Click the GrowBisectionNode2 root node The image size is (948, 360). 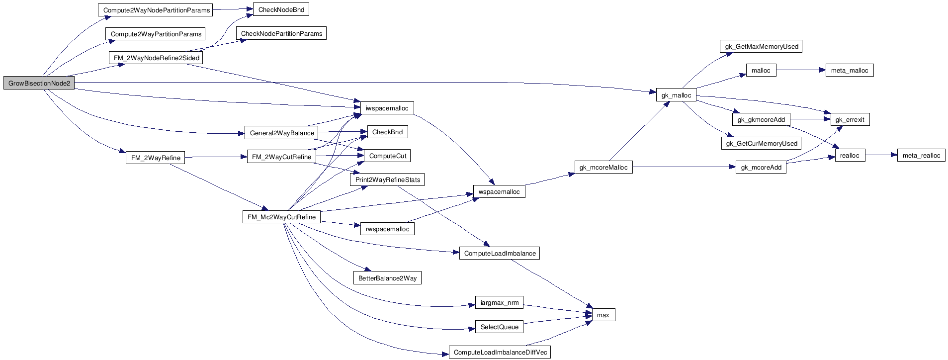coord(39,84)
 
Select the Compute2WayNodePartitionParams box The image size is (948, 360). coord(156,10)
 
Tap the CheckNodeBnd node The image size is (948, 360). coord(281,9)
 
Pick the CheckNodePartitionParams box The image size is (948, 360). coord(281,34)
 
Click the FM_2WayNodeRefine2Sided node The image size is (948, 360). coord(156,58)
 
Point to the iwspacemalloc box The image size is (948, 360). coord(387,108)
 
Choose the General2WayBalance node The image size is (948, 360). coord(281,133)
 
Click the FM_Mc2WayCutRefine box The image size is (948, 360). coord(281,217)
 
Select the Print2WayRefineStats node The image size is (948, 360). coord(387,180)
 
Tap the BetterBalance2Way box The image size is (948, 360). coord(387,278)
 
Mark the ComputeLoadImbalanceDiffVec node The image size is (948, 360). coord(500,353)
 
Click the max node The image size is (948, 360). coord(603,315)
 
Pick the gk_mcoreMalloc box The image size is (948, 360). coord(603,168)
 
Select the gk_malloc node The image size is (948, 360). coord(676,95)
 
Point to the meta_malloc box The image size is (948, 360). coord(849,70)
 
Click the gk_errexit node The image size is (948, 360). coord(850,120)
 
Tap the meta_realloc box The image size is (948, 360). coord(921,156)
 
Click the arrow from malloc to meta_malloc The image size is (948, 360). coord(800,70)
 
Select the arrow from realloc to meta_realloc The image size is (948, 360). coord(881,155)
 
